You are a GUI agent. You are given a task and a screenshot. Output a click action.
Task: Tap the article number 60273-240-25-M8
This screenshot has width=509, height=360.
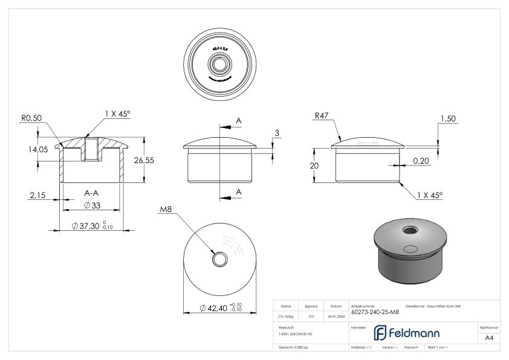tap(375, 312)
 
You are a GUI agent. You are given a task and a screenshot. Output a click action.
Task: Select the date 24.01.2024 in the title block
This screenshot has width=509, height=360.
tap(336, 315)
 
